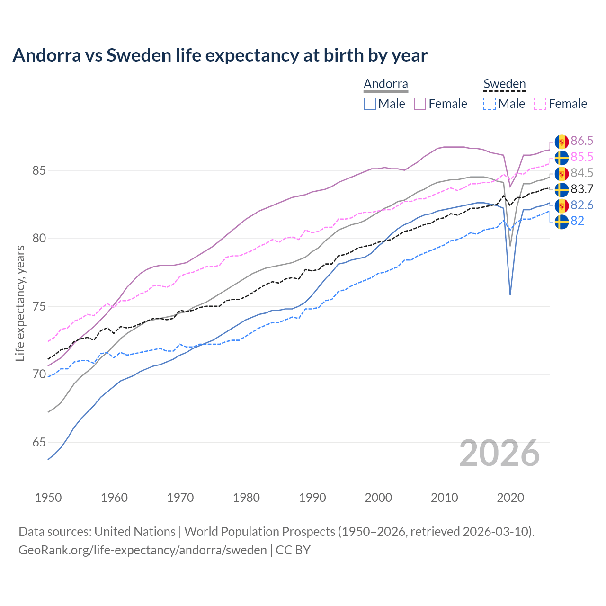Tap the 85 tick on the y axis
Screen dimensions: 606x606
39,170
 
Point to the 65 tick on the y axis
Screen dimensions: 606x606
39,443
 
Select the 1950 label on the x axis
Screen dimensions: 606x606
48,498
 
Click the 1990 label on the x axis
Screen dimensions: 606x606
312,498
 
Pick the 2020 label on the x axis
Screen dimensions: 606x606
510,498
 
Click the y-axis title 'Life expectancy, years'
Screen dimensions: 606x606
20,303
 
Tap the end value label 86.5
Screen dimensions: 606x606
582,141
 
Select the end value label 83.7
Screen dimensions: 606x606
582,189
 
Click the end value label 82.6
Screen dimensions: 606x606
582,205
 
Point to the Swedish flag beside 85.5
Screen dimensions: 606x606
561,157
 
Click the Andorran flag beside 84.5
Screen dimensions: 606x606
561,173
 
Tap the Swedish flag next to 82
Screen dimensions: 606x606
561,222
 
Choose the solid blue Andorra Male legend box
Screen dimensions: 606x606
370,104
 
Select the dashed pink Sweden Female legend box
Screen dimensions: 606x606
540,104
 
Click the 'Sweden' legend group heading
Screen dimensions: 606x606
504,84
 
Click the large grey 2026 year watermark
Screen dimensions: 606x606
499,453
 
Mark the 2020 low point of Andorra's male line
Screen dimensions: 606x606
510,295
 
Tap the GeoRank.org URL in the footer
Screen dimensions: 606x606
143,550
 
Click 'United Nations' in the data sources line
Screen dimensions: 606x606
135,531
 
